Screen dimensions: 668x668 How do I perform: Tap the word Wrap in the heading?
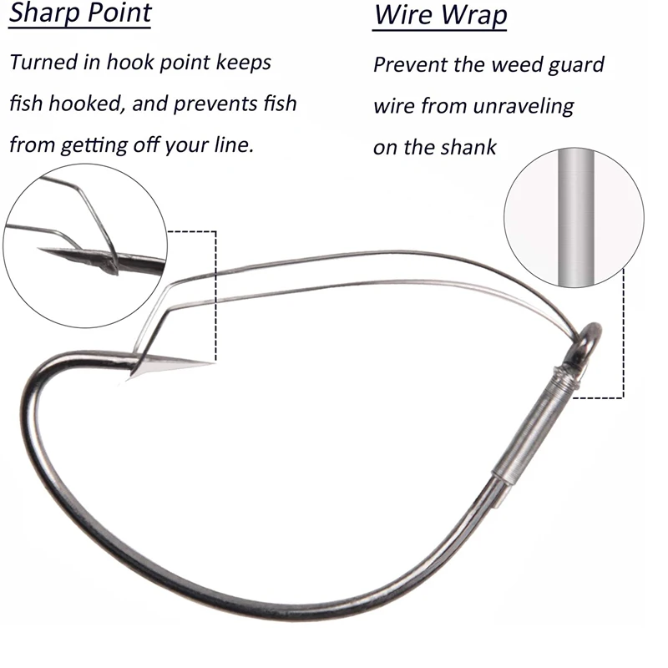click(473, 15)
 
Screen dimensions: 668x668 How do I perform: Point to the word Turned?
click(43, 62)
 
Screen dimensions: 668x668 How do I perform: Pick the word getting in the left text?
click(94, 145)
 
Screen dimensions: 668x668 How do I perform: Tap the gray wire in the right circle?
click(575, 217)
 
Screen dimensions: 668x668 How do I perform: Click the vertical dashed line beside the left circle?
click(215, 296)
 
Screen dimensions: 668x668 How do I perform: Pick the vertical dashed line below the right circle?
click(624, 333)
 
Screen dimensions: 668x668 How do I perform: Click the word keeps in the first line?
click(244, 63)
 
